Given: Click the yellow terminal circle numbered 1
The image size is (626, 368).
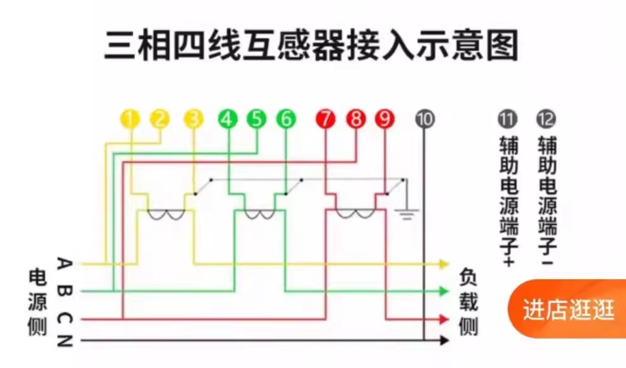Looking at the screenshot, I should (129, 119).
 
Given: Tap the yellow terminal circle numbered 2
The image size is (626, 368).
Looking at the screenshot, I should (159, 119).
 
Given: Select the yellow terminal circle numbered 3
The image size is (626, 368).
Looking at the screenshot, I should (194, 119).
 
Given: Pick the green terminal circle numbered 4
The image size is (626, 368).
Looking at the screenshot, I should (228, 119).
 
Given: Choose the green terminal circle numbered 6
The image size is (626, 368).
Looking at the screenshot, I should (286, 119).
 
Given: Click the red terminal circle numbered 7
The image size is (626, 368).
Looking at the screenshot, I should (326, 119).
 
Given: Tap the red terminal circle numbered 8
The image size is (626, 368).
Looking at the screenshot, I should (356, 119).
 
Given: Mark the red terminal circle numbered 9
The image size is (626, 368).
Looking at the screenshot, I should (384, 119).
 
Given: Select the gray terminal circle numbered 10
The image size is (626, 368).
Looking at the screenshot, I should (425, 119).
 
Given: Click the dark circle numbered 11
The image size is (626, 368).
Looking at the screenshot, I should (507, 119).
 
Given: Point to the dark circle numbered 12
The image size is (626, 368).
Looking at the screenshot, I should (547, 119).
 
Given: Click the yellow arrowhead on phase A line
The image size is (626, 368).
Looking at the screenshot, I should (443, 263).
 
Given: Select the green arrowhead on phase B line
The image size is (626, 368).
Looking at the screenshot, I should (443, 291).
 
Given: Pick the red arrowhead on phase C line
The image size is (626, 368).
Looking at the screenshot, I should (443, 319).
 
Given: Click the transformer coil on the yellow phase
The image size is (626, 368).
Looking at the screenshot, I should (166, 215).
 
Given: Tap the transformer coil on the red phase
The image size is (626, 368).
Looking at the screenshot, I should (353, 215).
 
